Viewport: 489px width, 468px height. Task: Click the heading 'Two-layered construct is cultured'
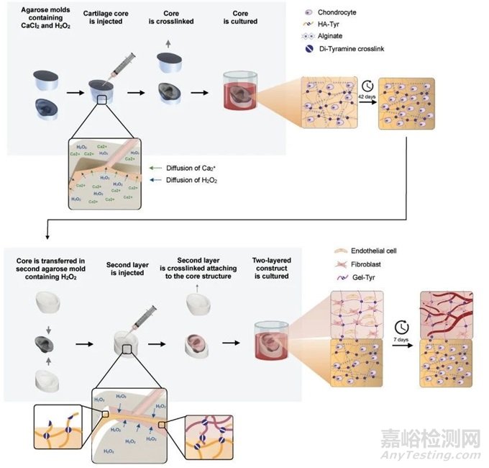(x=271, y=266)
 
